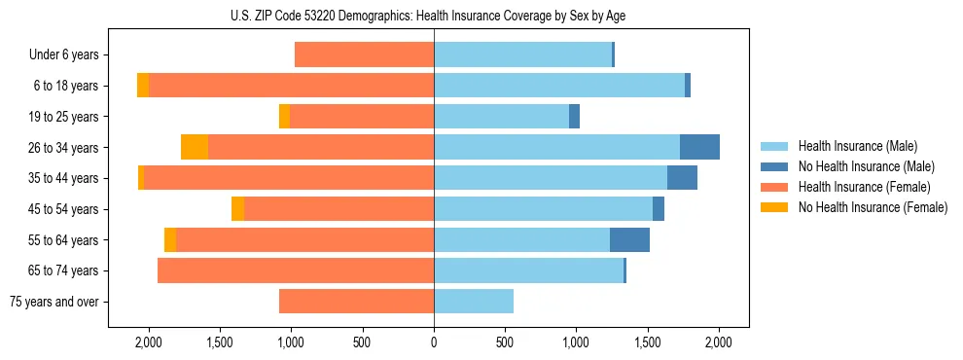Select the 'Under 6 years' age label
tap(64, 55)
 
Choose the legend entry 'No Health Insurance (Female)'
tap(873, 207)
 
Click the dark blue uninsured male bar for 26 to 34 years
tap(699, 147)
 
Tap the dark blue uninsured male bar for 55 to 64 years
tap(629, 239)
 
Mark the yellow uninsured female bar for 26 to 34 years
tap(195, 147)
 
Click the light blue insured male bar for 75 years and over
tap(474, 302)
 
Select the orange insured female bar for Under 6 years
tap(364, 55)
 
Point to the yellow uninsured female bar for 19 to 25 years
tap(284, 117)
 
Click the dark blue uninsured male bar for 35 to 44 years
tap(682, 178)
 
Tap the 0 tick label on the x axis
tap(434, 343)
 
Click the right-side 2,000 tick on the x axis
tap(719, 343)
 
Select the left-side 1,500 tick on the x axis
tap(220, 343)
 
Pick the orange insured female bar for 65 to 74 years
tap(296, 270)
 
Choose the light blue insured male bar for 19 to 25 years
tap(501, 117)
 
